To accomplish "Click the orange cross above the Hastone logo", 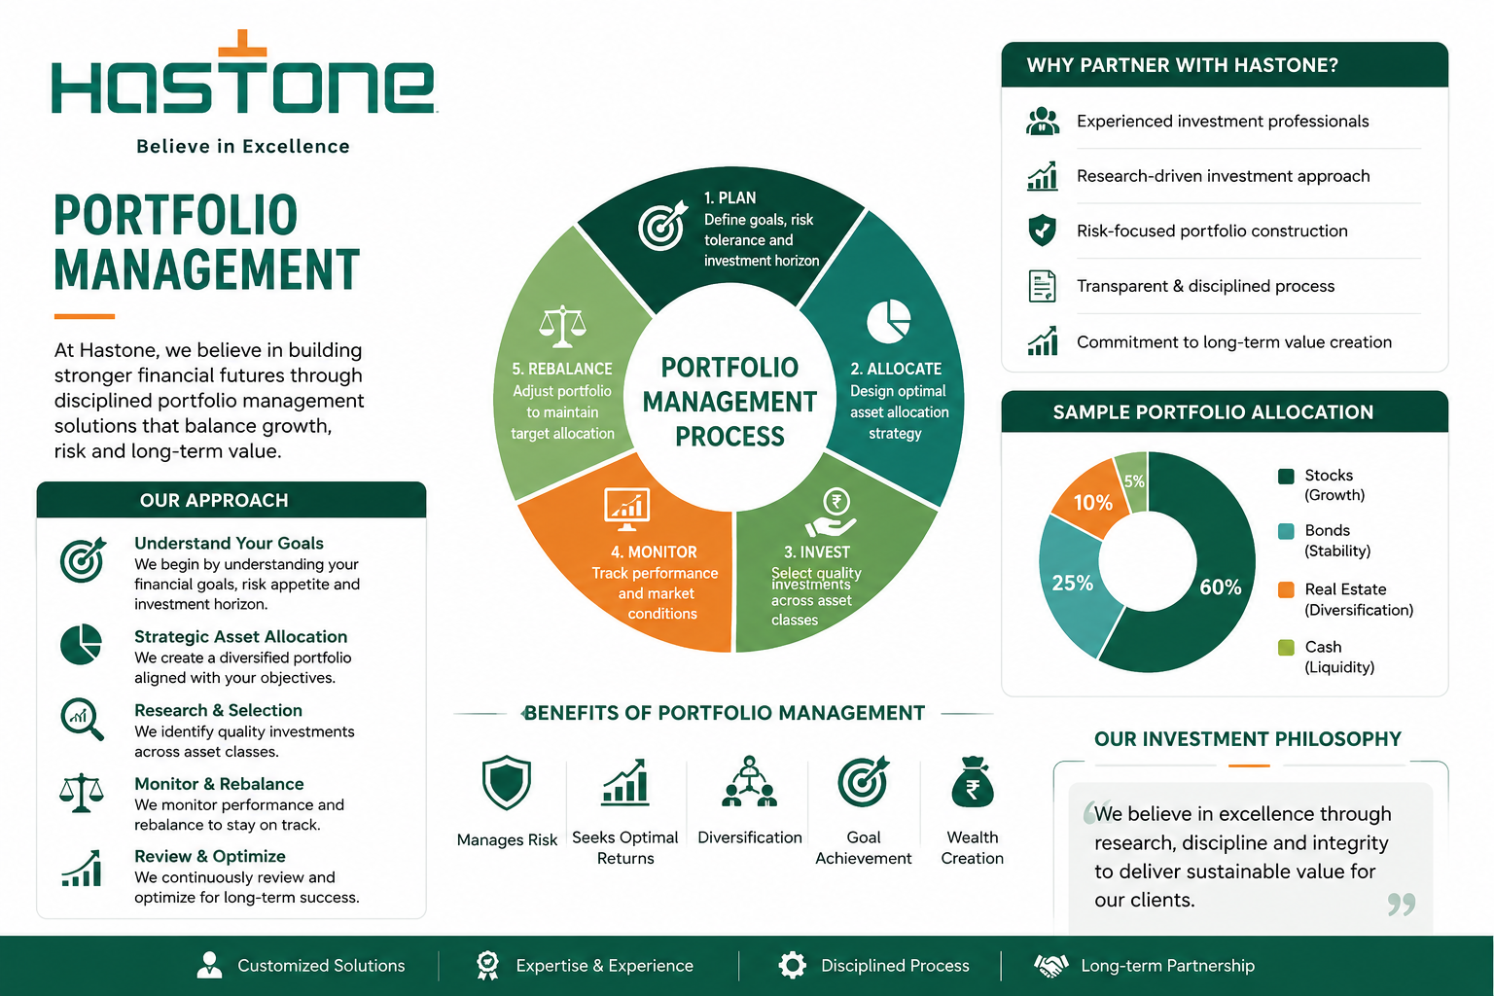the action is [242, 46].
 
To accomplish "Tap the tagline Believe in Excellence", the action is [243, 147].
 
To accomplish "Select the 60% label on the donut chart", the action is [1221, 587].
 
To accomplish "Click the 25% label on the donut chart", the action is [1073, 583].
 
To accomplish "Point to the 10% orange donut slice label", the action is [1092, 502].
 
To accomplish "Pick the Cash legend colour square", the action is [1286, 647].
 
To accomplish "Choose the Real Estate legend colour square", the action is [1286, 589].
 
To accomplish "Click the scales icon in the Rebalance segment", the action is [562, 326].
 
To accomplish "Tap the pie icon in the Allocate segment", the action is [888, 322].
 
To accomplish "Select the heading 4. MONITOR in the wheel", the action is [654, 552].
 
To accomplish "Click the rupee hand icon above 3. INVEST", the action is [832, 513].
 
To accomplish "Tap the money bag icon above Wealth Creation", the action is [973, 782].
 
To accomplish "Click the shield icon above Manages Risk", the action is [506, 782].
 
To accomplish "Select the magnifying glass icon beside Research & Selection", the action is [82, 719].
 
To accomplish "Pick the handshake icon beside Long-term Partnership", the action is [1050, 965].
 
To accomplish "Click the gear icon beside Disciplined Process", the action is [793, 965].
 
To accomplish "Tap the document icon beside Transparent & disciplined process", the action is [1042, 286].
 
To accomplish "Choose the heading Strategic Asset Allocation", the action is [241, 636].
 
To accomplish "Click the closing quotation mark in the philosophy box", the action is [1401, 905].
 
